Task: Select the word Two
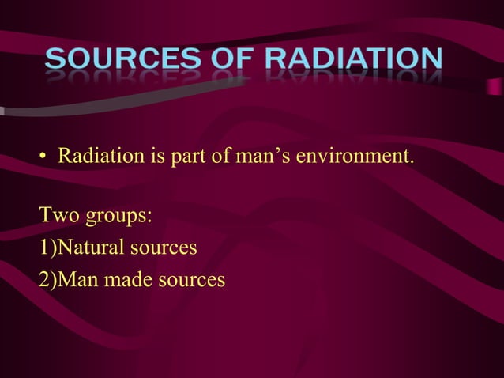[58, 215]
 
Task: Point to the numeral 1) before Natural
[47, 248]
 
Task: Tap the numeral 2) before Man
[47, 279]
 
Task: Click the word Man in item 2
[78, 279]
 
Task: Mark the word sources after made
[190, 279]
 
